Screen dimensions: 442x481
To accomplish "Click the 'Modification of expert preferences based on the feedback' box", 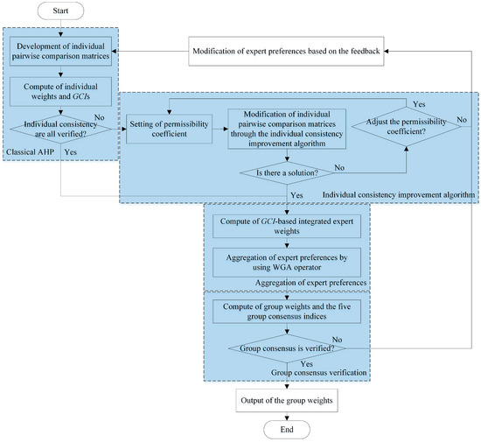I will tap(285, 52).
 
